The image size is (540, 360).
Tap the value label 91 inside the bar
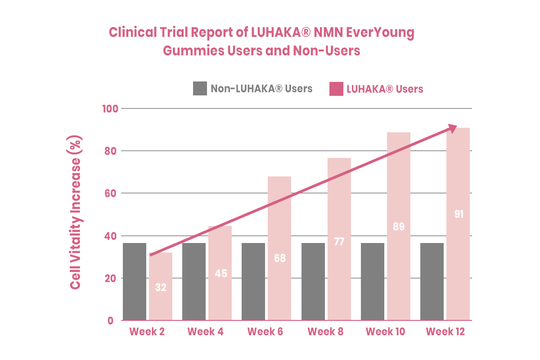tap(459, 214)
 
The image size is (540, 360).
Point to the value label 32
tap(161, 287)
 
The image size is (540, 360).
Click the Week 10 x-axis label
tap(385, 332)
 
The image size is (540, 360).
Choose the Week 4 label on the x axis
tap(205, 332)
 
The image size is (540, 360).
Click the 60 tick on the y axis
tap(111, 193)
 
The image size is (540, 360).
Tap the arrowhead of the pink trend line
tap(452, 128)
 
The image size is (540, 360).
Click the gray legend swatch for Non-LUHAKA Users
tap(200, 88)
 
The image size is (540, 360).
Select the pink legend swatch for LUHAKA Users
tap(336, 89)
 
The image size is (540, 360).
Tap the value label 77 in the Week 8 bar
tap(339, 242)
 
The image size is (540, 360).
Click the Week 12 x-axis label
tap(445, 332)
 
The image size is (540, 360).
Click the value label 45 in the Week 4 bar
tap(220, 273)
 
